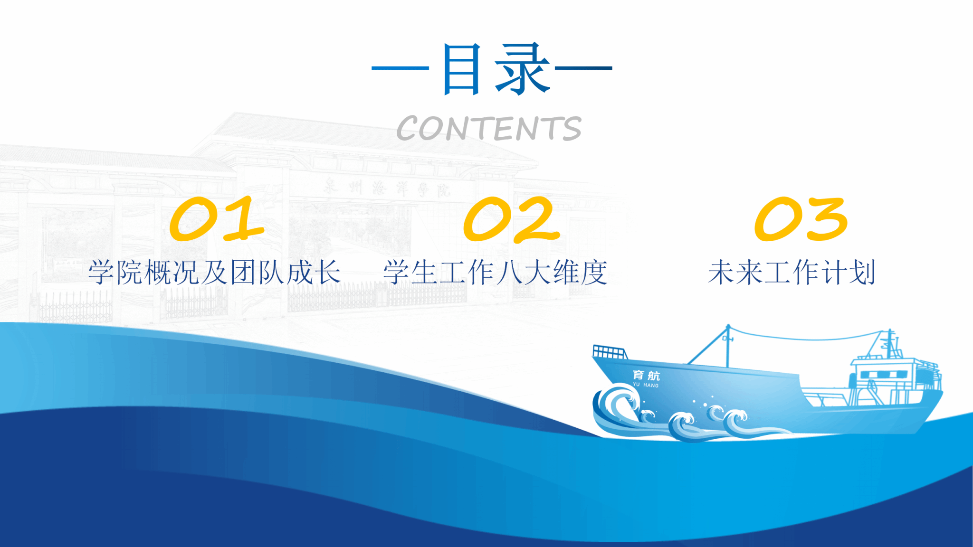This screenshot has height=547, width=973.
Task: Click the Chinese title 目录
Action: [x=496, y=69]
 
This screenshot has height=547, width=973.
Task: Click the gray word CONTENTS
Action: [x=489, y=128]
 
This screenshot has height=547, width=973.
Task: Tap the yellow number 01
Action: [x=217, y=218]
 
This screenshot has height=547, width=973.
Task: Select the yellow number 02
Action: [x=511, y=219]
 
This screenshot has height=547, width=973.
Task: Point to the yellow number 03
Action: [x=801, y=219]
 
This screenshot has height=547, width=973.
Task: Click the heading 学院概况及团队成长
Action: [x=215, y=272]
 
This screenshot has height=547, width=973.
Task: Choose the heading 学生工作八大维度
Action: [x=496, y=272]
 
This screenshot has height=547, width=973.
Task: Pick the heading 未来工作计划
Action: [x=792, y=272]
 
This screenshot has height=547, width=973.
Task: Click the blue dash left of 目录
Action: [x=401, y=68]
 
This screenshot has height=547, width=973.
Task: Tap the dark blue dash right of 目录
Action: [x=583, y=68]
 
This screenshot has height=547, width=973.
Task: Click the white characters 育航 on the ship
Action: [x=646, y=376]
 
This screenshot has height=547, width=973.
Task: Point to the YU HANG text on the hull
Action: [x=646, y=385]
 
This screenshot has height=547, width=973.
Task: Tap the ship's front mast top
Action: [x=728, y=327]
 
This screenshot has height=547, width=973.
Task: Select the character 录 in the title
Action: [x=523, y=69]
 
